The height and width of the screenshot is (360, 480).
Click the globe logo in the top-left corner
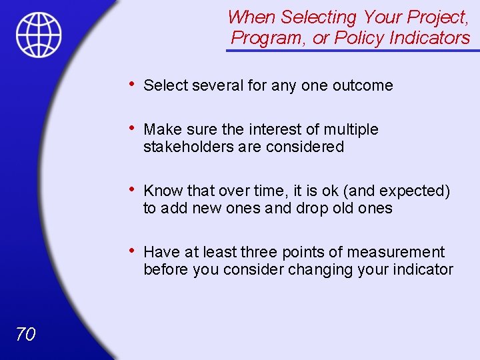tap(39, 35)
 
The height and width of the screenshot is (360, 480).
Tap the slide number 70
tap(25, 335)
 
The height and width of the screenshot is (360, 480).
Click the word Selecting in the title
tap(317, 17)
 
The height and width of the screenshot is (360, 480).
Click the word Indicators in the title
tap(429, 38)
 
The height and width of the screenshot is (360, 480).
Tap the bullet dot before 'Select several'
tap(133, 83)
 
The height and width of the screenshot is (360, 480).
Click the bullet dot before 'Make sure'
tap(133, 127)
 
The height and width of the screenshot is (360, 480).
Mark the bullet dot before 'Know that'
tap(133, 189)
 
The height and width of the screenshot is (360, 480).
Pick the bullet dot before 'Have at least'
tap(133, 250)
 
